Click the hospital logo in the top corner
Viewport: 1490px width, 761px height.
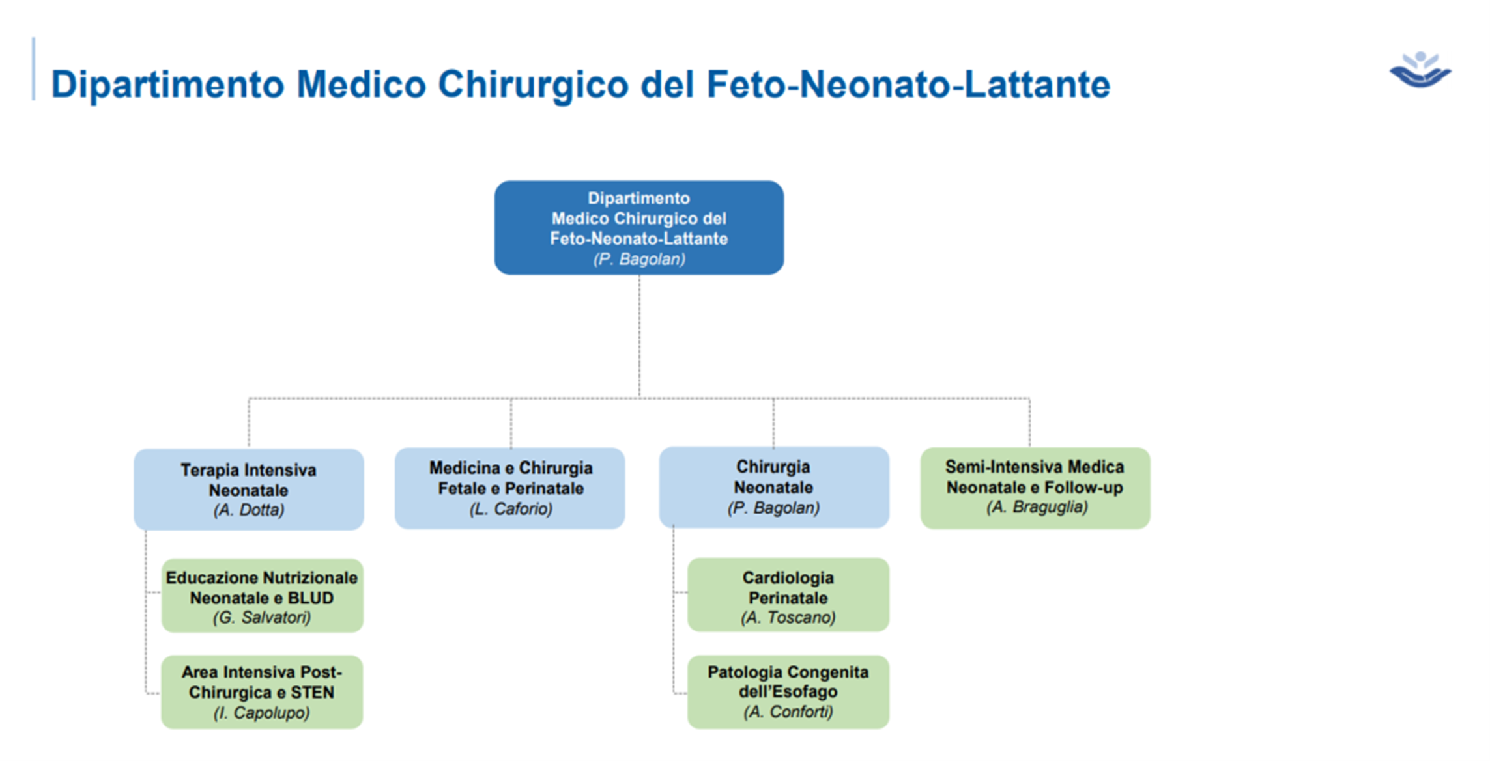1420,70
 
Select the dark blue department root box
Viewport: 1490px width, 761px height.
638,228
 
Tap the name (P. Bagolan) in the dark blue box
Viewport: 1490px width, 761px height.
638,259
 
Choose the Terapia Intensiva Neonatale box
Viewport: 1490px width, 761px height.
249,490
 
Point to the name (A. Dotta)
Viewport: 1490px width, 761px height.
249,510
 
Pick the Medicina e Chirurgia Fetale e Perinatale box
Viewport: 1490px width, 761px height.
510,488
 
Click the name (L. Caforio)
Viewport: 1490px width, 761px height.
511,508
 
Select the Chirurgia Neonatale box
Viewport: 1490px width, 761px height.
774,487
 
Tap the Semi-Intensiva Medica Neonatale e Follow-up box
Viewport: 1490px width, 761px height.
1035,488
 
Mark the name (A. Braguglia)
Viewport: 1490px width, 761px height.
1037,507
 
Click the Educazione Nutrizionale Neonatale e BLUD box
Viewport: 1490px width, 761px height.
262,596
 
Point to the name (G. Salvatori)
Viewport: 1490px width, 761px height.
262,617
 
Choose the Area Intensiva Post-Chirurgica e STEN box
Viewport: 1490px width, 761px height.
262,692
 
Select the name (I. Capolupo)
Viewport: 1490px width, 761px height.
262,713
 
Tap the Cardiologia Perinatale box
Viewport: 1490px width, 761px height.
788,594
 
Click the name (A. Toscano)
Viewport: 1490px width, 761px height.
788,617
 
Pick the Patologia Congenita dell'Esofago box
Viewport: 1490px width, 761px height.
788,692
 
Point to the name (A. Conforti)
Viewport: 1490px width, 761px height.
788,712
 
